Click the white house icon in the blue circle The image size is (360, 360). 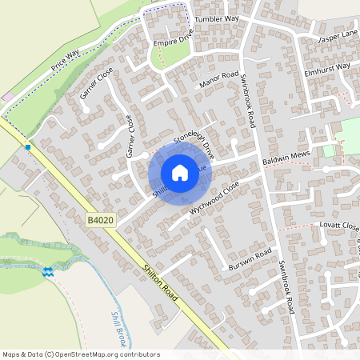point(179,172)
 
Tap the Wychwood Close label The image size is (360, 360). point(214,197)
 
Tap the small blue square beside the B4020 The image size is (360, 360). point(28,146)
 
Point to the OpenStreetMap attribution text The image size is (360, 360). point(80,354)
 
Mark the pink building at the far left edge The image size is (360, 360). point(6,97)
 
